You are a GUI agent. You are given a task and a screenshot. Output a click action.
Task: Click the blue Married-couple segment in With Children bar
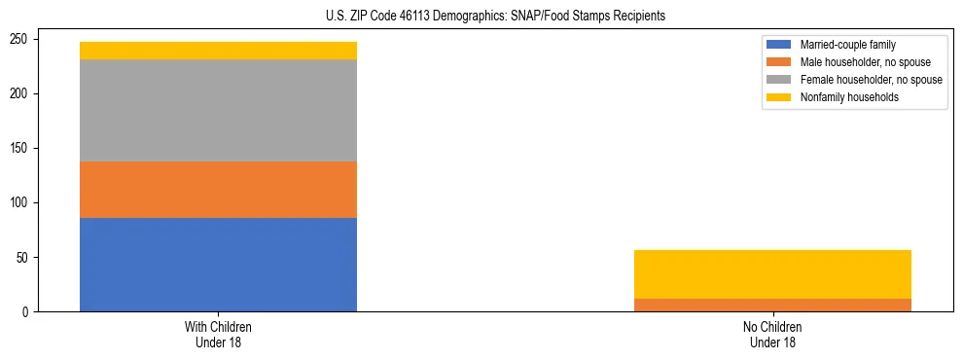tap(218, 264)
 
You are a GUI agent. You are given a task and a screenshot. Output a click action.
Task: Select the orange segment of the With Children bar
tap(218, 189)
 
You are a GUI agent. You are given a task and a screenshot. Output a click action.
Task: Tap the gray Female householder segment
tap(218, 110)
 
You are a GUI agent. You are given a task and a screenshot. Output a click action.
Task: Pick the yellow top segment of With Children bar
tap(218, 51)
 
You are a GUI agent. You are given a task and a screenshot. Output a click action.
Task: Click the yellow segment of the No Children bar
tap(772, 274)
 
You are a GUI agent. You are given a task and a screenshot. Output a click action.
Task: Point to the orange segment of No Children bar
tap(772, 305)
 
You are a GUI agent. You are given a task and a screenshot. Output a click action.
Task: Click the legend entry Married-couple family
tap(847, 45)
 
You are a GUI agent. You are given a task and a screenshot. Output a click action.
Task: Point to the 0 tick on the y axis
tap(28, 312)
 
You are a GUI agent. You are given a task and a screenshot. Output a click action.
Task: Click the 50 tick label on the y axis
tap(25, 258)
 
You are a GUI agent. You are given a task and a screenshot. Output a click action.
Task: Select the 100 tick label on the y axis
tap(22, 203)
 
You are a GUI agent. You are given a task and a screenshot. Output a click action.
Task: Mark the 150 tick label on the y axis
tap(22, 149)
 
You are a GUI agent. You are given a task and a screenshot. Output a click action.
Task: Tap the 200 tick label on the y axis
tap(22, 94)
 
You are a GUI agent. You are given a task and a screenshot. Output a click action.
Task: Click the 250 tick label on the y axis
tap(22, 40)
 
